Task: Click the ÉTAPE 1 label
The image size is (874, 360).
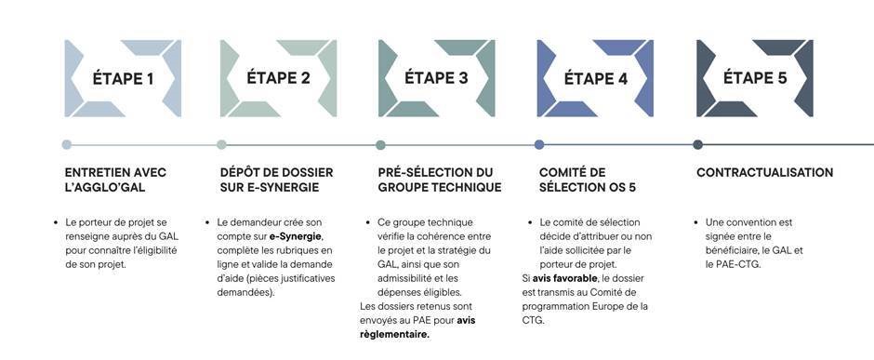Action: (x=123, y=78)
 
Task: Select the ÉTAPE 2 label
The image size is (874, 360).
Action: (x=279, y=78)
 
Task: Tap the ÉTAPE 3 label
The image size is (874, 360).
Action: (x=437, y=78)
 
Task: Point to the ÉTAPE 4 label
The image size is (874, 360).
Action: (x=596, y=78)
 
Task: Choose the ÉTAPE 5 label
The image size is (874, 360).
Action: (x=755, y=78)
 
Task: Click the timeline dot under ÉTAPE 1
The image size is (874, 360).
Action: (x=67, y=144)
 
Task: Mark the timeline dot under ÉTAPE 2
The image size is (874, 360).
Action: (x=221, y=144)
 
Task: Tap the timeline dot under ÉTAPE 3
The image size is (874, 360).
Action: (x=380, y=144)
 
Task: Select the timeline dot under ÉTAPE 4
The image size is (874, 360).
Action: (x=539, y=144)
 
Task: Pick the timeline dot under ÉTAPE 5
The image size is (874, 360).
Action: (x=698, y=144)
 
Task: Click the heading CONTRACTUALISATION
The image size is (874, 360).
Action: (x=764, y=172)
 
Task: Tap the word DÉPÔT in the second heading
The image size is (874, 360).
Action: (x=241, y=172)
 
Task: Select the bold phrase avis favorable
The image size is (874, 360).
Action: (x=565, y=278)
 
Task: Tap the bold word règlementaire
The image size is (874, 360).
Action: (x=394, y=334)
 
